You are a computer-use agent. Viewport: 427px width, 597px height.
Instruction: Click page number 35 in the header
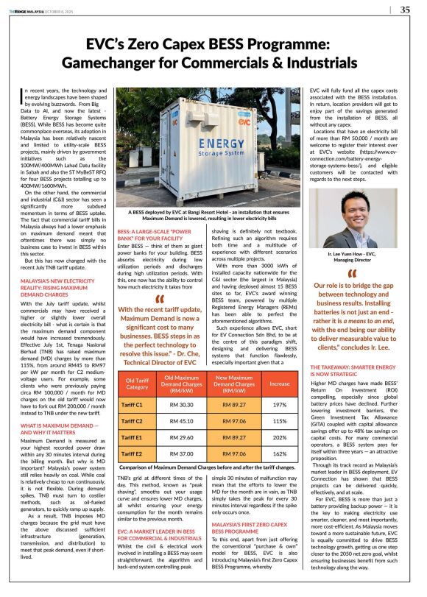click(x=405, y=10)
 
